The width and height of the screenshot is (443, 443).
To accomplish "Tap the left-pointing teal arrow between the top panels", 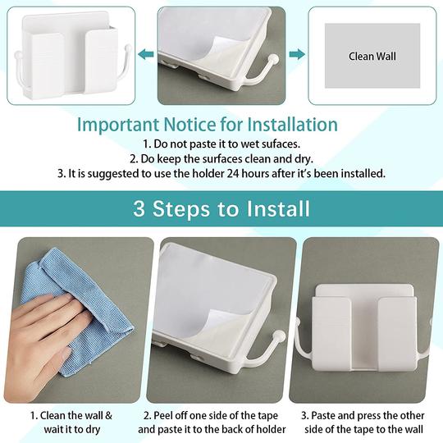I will tap(145, 55).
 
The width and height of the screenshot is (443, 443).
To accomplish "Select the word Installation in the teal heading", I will tap(283, 126).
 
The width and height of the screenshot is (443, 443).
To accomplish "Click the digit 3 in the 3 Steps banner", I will tap(139, 208).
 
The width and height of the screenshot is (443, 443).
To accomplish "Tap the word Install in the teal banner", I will tap(281, 208).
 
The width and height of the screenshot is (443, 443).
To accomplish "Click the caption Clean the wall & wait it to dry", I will tap(75, 422).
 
